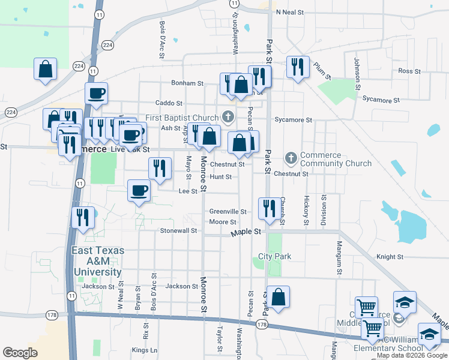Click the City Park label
click(x=274, y=256)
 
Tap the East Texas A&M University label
click(x=97, y=261)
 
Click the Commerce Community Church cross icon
click(x=291, y=158)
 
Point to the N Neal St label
click(x=294, y=12)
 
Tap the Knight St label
click(x=390, y=257)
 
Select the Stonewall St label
click(x=178, y=230)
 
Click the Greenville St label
click(x=228, y=211)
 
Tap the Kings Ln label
click(x=145, y=350)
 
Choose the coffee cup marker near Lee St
click(x=139, y=191)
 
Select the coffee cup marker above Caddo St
click(x=96, y=93)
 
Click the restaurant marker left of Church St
click(x=267, y=208)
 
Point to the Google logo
click(x=20, y=353)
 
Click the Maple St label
click(x=247, y=231)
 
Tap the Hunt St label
click(x=220, y=177)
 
